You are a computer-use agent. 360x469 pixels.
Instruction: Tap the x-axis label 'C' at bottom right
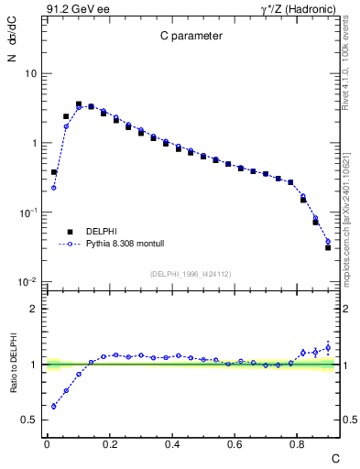click(335, 457)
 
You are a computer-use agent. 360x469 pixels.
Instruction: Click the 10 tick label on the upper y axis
click(30, 73)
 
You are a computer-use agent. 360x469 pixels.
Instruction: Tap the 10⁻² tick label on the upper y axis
click(28, 282)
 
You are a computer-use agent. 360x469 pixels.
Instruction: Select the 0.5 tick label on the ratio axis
click(30, 420)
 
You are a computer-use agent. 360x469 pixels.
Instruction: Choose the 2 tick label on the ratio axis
click(34, 309)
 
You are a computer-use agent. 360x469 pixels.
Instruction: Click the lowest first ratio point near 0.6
click(54, 406)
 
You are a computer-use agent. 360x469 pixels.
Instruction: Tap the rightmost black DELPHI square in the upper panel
click(328, 247)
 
